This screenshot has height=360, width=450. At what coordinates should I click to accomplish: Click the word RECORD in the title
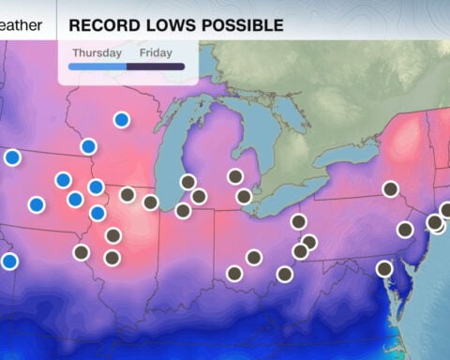[x=102, y=24]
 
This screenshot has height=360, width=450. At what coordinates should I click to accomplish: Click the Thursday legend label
[x=97, y=52]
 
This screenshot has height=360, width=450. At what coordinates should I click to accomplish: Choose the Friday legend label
[x=156, y=52]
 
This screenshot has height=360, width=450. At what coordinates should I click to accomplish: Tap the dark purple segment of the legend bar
[x=161, y=67]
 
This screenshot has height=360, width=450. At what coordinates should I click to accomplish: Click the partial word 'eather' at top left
[x=21, y=25]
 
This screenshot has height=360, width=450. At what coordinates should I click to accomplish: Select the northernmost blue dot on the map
[x=121, y=119]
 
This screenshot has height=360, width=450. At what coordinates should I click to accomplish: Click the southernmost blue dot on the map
[x=8, y=261]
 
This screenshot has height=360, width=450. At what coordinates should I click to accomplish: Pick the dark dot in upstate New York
[x=390, y=188]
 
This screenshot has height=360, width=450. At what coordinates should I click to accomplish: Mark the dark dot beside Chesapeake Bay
[x=383, y=268]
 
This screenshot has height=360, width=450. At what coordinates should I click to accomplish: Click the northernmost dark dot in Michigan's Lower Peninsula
[x=234, y=175]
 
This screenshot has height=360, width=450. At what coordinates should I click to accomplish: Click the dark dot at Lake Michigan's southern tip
[x=183, y=210]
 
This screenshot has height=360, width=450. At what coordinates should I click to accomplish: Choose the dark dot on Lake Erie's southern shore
[x=298, y=221]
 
